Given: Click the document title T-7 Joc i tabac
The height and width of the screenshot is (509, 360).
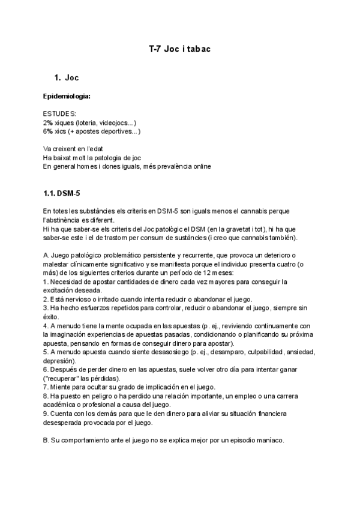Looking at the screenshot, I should click(179, 49).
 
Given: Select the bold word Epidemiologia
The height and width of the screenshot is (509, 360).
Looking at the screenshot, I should click(67, 97).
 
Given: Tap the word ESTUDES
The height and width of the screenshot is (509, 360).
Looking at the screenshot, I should click(59, 114).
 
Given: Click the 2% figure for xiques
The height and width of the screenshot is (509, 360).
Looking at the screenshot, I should click(48, 122).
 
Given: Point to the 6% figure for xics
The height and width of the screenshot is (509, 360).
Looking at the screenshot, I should click(48, 131).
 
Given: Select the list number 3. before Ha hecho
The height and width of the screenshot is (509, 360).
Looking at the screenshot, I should click(46, 308).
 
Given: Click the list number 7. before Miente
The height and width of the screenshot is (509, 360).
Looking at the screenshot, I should click(46, 387).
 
